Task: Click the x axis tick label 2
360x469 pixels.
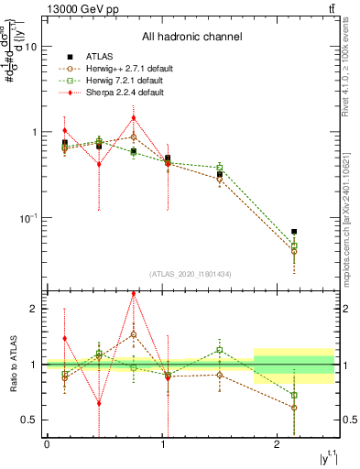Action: [278, 445]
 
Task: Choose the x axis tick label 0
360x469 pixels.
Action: [47, 445]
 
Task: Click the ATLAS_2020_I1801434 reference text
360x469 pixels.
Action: [191, 274]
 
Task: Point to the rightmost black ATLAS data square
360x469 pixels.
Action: [294, 232]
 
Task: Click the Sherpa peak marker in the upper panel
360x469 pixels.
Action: [134, 117]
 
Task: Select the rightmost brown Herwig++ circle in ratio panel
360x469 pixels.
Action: [294, 408]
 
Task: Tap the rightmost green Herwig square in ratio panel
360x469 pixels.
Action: [294, 396]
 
